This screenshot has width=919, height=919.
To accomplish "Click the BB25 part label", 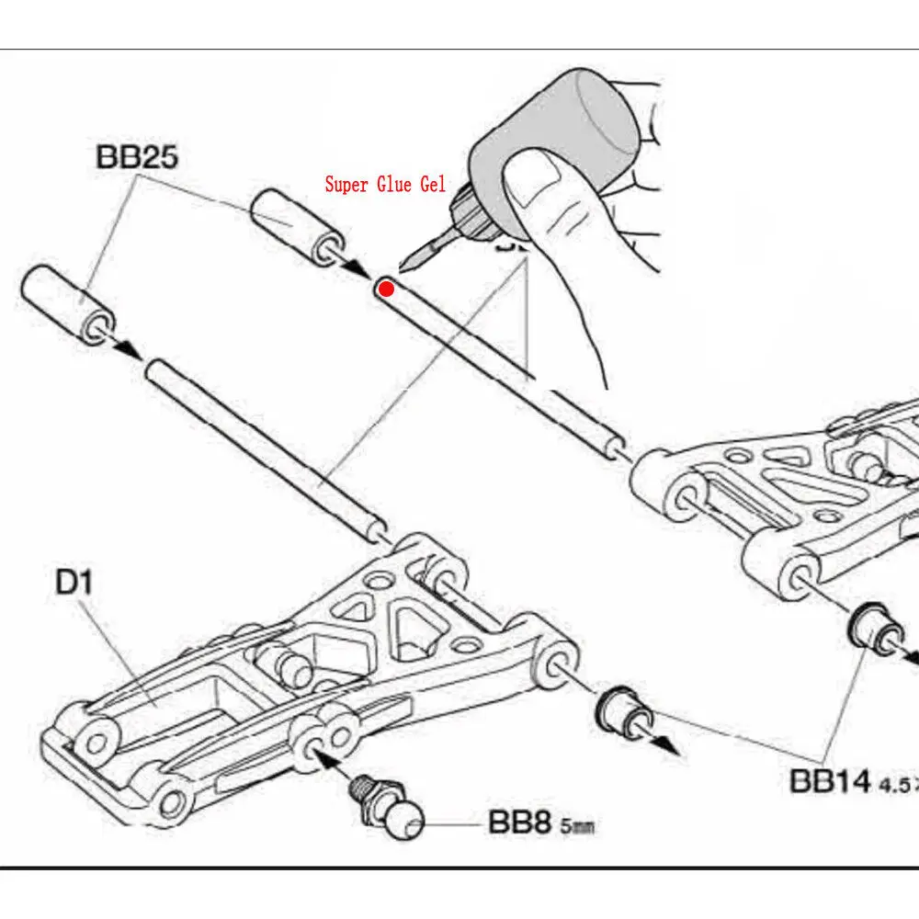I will [137, 157].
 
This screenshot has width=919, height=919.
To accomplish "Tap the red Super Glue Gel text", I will [385, 185].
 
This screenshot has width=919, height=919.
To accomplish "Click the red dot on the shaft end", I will [386, 289].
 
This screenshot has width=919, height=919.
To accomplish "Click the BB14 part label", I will [830, 781].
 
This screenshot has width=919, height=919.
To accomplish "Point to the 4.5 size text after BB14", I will [899, 786].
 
